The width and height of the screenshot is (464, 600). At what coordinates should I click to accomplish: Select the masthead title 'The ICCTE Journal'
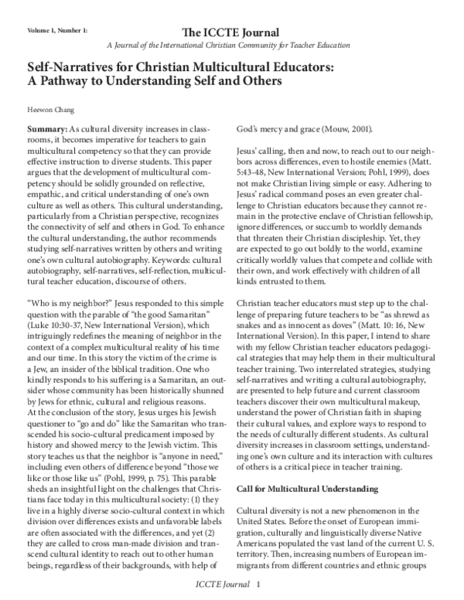tap(231, 32)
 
